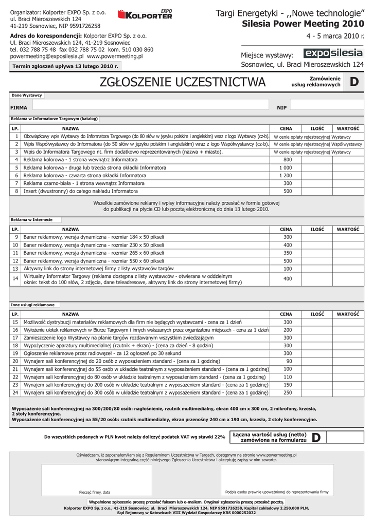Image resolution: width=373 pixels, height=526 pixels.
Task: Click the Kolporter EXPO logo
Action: pos(145,15)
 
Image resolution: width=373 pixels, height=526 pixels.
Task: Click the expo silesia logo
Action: pos(333,53)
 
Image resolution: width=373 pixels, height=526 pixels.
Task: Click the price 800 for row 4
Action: pos(287,160)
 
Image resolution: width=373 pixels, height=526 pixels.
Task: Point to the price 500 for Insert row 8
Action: pos(287,191)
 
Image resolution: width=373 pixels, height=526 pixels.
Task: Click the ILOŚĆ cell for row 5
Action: pos(316,167)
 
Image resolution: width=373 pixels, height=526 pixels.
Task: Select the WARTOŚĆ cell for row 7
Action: pos(347,183)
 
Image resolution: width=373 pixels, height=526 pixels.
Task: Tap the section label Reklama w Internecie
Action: pos(31,220)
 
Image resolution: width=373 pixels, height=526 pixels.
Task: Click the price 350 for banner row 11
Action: pos(287,253)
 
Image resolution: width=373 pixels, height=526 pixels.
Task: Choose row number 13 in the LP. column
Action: pos(15,269)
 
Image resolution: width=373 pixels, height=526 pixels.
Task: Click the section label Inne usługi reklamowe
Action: pos(32,305)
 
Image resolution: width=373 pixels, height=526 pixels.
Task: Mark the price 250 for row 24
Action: pos(287,392)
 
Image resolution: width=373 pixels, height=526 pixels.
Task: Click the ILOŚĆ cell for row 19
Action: pos(316,353)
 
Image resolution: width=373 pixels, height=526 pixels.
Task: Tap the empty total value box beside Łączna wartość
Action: pos(345,437)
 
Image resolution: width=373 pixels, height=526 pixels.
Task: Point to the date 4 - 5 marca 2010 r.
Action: pos(334,36)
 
